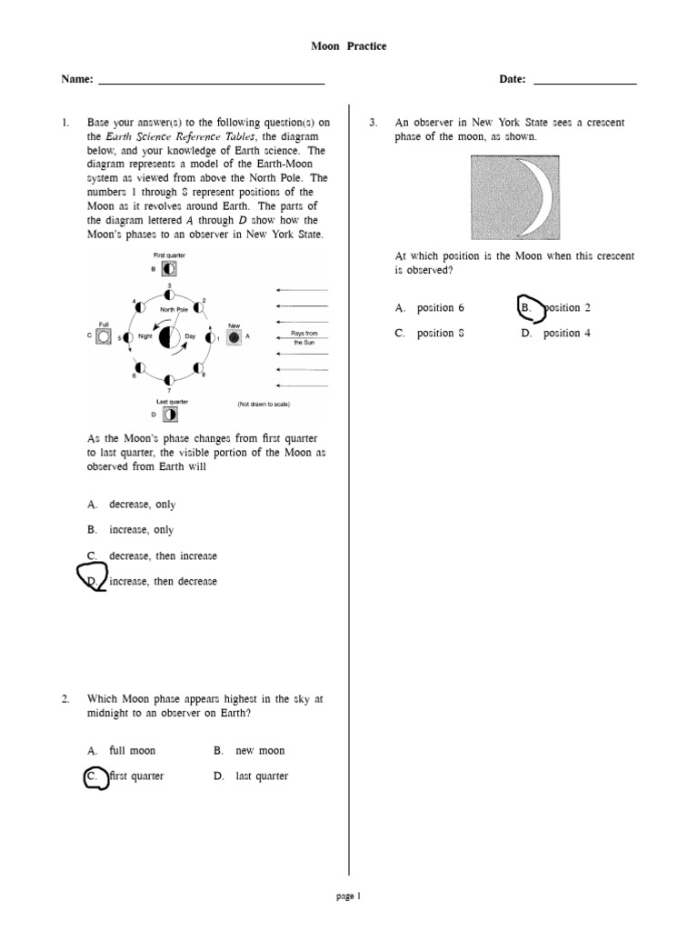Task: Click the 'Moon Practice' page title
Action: (349, 46)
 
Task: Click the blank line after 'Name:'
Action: (211, 83)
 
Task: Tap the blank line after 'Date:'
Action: (584, 83)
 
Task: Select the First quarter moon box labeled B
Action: (170, 269)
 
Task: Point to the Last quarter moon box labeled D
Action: (170, 414)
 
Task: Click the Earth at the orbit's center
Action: (168, 338)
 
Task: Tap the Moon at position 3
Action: (169, 295)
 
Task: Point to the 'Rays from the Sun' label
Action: (304, 338)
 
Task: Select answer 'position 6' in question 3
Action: (440, 308)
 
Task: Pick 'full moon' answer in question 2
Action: (132, 751)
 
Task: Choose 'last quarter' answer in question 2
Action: (261, 776)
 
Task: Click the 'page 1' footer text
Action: (348, 896)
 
